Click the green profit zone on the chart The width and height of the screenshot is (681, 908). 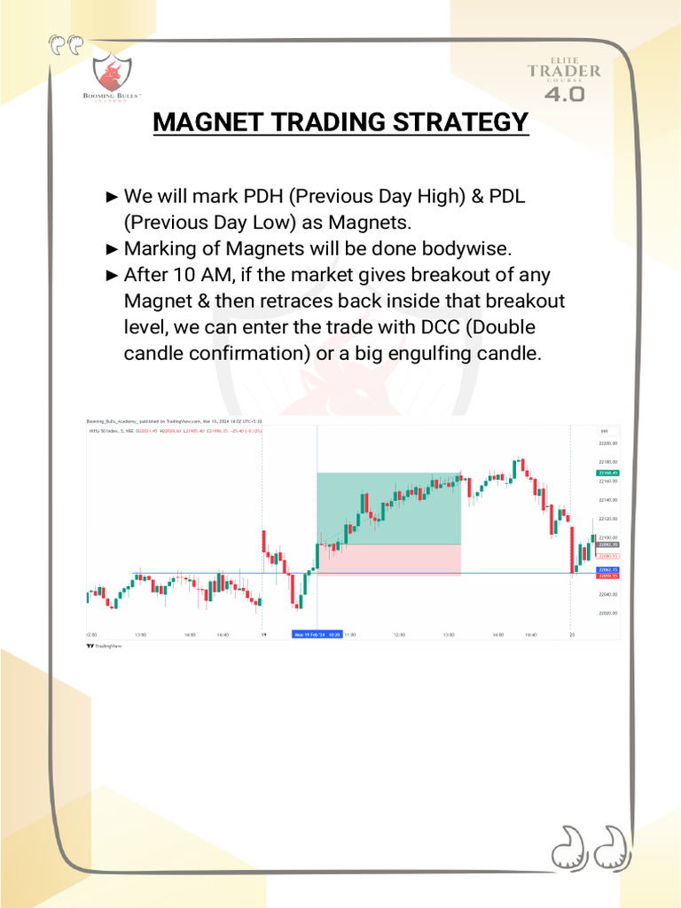pos(388,507)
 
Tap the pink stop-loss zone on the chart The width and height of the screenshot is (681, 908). pos(388,560)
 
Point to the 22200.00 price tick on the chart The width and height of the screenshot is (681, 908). pos(608,443)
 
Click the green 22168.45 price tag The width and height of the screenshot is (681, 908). pos(607,474)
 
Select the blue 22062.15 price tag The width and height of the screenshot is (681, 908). pos(607,569)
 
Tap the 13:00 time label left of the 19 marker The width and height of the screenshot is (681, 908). pos(140,634)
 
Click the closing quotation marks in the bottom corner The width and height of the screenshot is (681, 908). pos(590,850)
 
